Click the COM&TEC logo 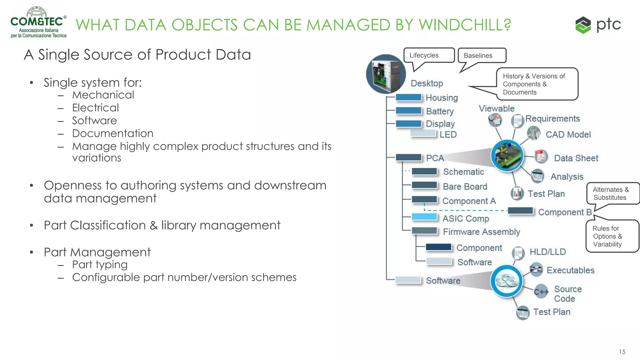point(38,22)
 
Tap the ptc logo point(598,25)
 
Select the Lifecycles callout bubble point(429,55)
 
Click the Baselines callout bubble point(482,56)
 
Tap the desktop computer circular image point(386,74)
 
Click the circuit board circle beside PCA point(507,155)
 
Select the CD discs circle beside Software point(507,281)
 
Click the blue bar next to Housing point(409,97)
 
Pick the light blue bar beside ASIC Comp point(424,217)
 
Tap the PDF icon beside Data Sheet point(541,157)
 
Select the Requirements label point(552,119)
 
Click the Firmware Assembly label point(481,232)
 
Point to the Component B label point(565,212)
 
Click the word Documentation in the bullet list point(112,133)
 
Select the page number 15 point(622,352)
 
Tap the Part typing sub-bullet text point(100,265)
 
